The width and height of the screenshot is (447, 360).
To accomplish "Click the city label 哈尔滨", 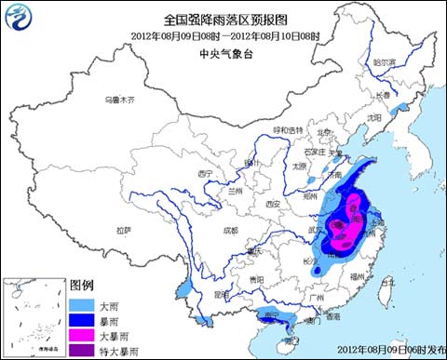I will (x=384, y=62).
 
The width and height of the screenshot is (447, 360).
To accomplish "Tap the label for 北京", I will (x=323, y=132).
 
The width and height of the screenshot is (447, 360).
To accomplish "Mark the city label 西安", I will (x=272, y=203).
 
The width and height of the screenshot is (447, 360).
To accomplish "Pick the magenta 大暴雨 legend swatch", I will (x=83, y=337).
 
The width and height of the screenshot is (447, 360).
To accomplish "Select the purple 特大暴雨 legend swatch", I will (x=83, y=352).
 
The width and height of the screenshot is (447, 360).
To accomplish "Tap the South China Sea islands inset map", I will (x=35, y=318).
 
